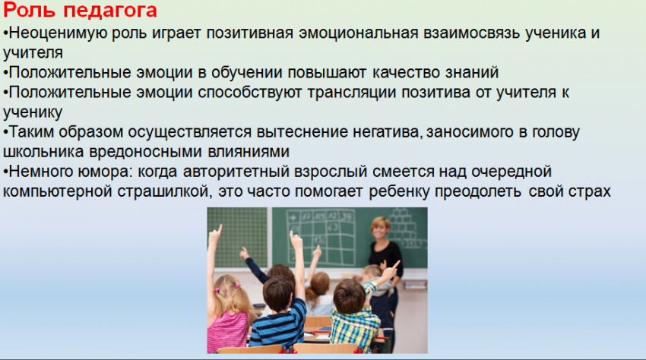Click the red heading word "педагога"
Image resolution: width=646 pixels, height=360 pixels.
tap(110, 11)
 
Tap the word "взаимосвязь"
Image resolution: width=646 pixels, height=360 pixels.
tap(471, 33)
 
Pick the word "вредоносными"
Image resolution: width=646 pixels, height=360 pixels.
tap(145, 152)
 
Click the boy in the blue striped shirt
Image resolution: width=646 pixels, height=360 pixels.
tap(278, 314)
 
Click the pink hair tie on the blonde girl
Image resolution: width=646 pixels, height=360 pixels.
tap(238, 286)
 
